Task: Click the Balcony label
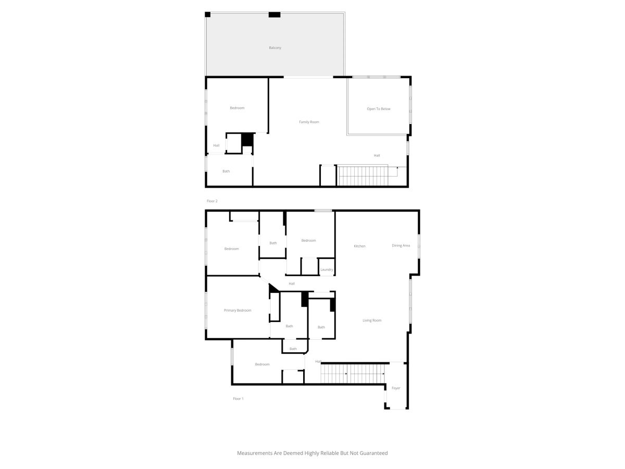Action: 275,47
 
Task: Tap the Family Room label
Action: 309,122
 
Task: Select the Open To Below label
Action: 379,109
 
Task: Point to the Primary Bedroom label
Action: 238,311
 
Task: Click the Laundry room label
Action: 327,269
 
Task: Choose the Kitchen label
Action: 359,246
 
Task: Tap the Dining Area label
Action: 401,245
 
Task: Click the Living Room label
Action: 372,320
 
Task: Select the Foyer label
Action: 396,388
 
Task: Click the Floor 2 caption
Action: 212,201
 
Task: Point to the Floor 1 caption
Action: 238,399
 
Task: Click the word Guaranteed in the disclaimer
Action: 373,453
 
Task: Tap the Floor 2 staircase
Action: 362,176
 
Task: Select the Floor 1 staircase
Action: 353,374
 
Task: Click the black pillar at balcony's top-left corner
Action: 208,15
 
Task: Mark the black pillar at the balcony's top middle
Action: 274,15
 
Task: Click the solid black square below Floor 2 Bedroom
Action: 247,140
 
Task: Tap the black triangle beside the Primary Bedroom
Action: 273,288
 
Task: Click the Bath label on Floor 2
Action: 226,171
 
